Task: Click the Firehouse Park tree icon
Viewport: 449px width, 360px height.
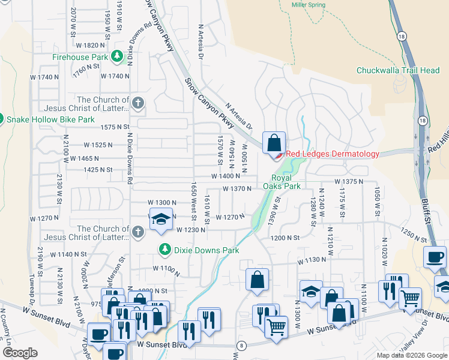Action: pyautogui.click(x=117, y=57)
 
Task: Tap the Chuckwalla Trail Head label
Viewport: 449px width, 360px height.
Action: pyautogui.click(x=398, y=70)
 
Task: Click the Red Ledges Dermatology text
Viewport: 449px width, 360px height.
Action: pyautogui.click(x=332, y=154)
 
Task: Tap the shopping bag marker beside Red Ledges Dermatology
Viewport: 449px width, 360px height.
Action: pyautogui.click(x=274, y=144)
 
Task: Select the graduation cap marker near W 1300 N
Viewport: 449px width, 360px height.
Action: pyautogui.click(x=160, y=219)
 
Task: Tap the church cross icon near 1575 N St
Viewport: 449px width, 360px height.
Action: pyautogui.click(x=137, y=103)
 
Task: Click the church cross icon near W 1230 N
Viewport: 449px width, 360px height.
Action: pyautogui.click(x=137, y=232)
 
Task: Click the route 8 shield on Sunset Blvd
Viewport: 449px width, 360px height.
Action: pyautogui.click(x=241, y=345)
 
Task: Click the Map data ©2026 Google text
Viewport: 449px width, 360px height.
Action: pyautogui.click(x=411, y=355)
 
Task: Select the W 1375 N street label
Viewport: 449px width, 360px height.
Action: pyautogui.click(x=349, y=181)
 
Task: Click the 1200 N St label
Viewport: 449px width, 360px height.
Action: pyautogui.click(x=285, y=238)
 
